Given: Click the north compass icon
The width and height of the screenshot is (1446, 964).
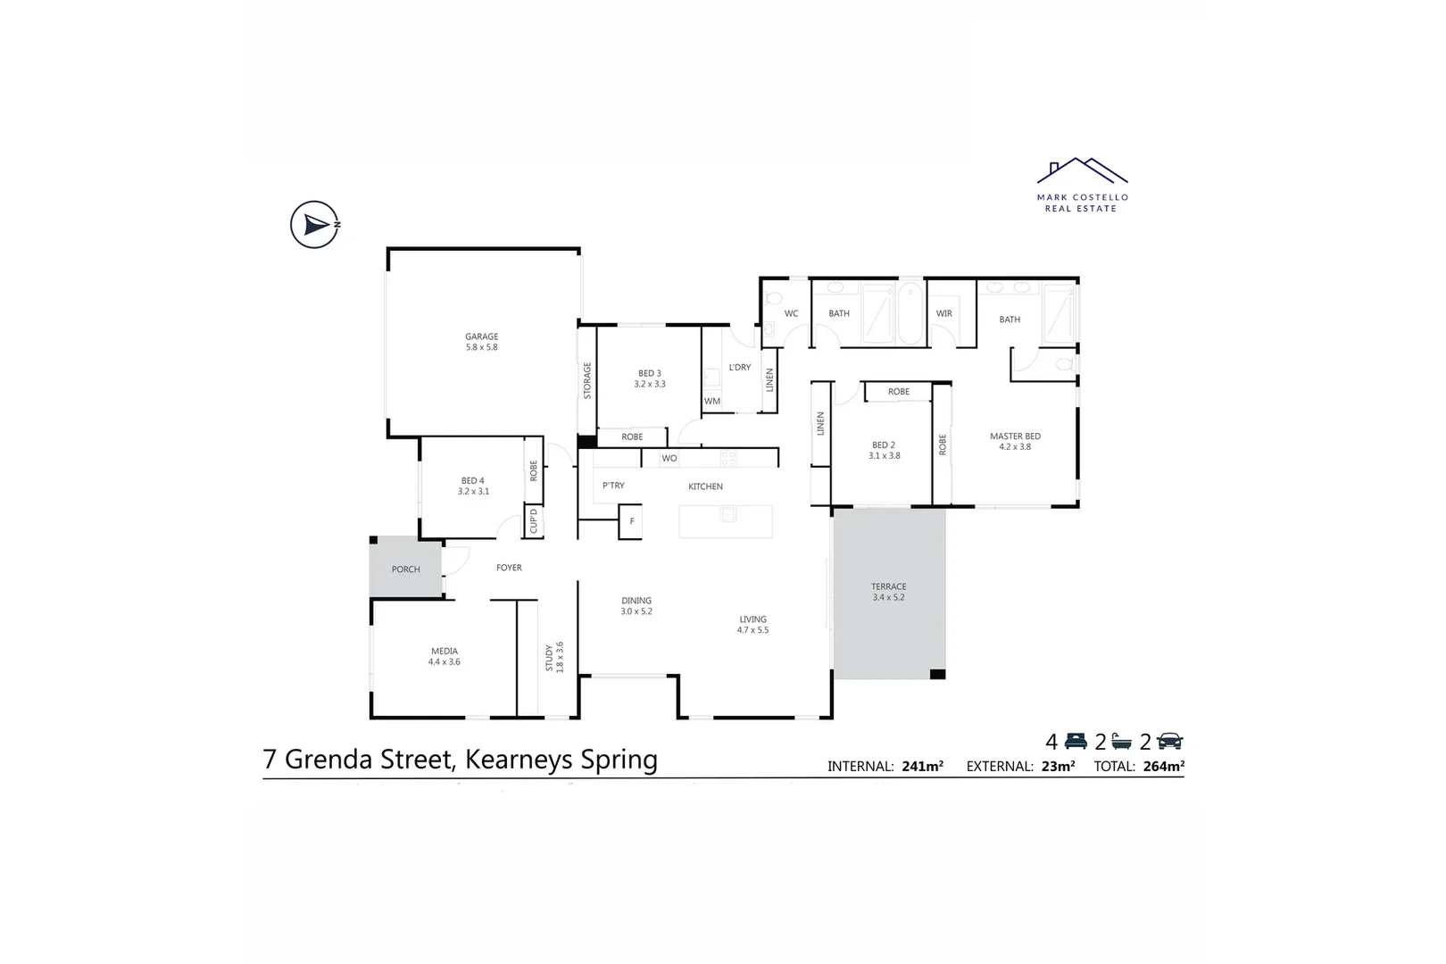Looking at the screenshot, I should pos(314,225).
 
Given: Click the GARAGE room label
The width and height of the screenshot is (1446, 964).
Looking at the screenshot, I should pos(481,337).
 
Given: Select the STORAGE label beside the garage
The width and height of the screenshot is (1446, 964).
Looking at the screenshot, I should pos(587,380).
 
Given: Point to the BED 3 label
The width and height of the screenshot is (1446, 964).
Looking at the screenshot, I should pos(650,373).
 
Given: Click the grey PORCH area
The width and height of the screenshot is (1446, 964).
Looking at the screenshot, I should pos(405,569).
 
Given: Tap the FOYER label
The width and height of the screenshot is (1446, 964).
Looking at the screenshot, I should pos(509,568).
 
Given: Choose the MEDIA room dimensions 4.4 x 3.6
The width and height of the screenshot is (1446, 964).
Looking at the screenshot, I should pos(445,662).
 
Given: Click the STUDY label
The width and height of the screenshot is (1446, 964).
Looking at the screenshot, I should pos(549,658).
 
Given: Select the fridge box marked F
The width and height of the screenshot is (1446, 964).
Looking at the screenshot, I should pos(631,521).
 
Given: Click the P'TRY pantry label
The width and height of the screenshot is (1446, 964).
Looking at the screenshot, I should pos(613,486).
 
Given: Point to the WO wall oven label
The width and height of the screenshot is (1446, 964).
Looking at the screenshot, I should pos(669,458).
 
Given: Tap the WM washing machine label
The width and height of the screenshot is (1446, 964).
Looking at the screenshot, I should pos(712,402).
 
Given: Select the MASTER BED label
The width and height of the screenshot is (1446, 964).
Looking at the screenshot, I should pos(1015,436).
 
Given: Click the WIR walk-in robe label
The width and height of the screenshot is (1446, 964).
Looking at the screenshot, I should pos(944,313).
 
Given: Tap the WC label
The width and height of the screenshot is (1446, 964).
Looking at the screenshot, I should pos(791,313).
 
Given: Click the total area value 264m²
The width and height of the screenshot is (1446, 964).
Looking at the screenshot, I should pos(1163,766).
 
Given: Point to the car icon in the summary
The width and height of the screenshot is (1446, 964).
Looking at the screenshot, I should pos(1169,741).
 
